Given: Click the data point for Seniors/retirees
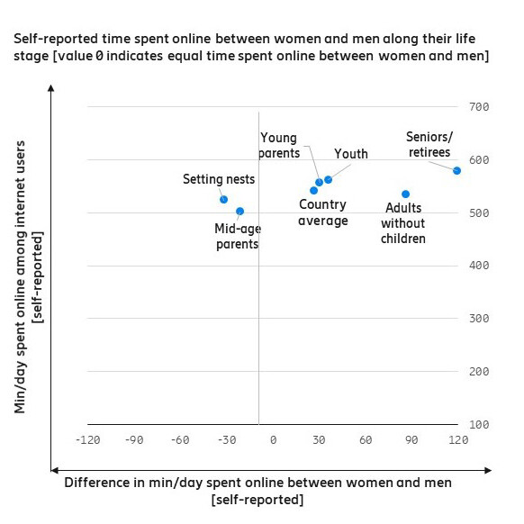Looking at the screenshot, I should coord(456,170).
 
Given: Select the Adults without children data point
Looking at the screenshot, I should coord(405,194).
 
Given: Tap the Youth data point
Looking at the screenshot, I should coord(328,179).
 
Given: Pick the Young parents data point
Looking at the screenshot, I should coord(319,182).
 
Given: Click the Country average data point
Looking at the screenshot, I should coord(313,190).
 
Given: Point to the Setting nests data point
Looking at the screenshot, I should coord(223,199).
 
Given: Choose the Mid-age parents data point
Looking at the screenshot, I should coord(239,211).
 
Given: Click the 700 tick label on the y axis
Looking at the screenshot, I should coord(479,107).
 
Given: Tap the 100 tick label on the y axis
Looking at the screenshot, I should coord(479,424).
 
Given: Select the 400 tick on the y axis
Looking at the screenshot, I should coord(479,266).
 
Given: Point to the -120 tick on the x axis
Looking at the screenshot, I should coord(87,439).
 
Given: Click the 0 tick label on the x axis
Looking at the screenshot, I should coord(273,439).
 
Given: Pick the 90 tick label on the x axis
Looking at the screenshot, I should coord(411,439).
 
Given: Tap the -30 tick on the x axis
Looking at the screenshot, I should coord(227,439).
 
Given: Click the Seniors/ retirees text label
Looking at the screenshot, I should coord(428,144).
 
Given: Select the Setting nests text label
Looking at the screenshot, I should coord(219,179).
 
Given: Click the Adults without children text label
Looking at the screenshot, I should coord(402,223).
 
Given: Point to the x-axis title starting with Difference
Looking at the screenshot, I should coord(257,491).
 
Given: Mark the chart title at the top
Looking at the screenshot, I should coord(249,48).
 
